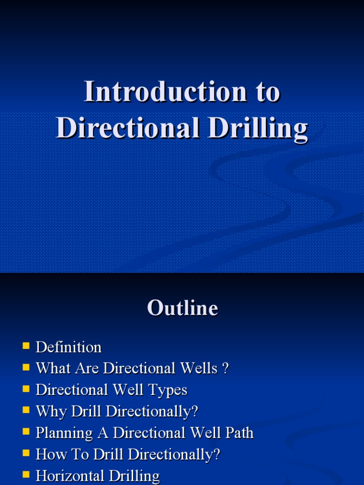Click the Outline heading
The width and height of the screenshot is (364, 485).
point(182,308)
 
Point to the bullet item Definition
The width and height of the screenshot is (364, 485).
point(69,347)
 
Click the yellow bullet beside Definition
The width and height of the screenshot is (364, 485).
point(26,346)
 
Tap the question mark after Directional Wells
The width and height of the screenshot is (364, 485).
point(225,368)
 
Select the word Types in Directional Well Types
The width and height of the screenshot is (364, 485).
point(167,390)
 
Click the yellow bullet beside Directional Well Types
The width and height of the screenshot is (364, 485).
point(26,389)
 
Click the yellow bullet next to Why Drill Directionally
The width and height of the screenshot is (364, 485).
point(26,411)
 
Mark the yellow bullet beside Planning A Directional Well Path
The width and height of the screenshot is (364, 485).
point(26,432)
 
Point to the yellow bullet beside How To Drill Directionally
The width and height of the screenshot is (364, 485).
point(26,454)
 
